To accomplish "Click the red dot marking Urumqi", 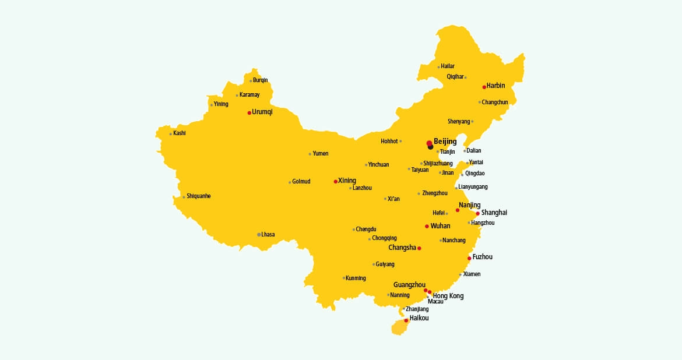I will [249, 112].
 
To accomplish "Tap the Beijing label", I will [445, 142].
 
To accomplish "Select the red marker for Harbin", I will [484, 87].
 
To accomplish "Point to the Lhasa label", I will [268, 235].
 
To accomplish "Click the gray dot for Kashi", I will [171, 134].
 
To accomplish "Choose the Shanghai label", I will [494, 213].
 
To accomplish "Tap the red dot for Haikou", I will [406, 320].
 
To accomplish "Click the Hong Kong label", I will [448, 296].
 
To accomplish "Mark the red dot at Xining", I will [335, 182].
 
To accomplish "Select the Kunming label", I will [356, 278].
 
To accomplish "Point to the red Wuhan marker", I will [427, 226].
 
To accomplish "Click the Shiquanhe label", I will [199, 196].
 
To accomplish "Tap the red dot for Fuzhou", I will [469, 258].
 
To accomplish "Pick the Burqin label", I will [261, 80].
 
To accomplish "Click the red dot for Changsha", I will [419, 249].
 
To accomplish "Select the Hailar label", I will [448, 66].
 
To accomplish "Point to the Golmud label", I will [301, 182].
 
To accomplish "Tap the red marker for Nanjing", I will [458, 210].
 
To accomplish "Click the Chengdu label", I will [366, 229].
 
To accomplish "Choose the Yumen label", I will [321, 154].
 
